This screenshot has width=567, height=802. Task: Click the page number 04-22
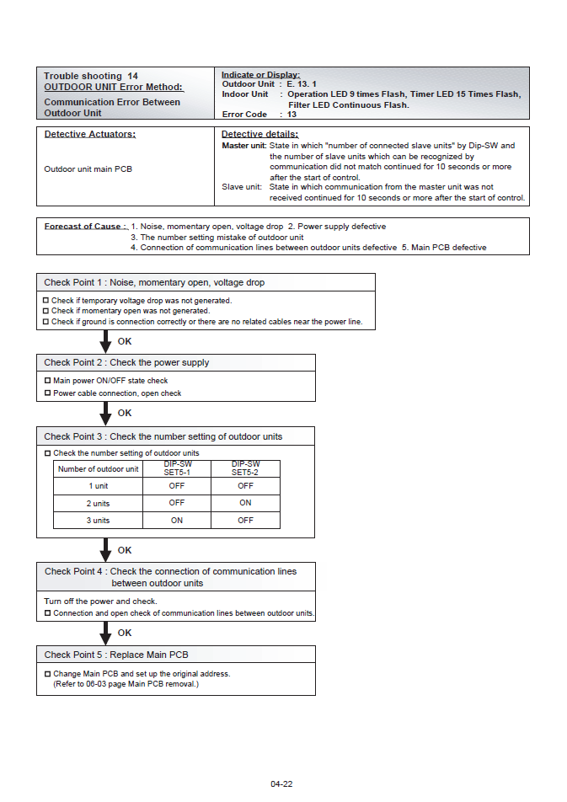click(281, 784)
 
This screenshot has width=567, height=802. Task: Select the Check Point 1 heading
click(154, 282)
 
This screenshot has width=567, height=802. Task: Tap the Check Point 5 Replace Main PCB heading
click(116, 655)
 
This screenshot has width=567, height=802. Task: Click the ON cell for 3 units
click(177, 521)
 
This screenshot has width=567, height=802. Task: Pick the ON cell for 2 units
click(245, 503)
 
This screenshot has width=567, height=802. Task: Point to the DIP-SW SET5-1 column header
click(177, 468)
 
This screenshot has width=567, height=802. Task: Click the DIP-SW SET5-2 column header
click(245, 468)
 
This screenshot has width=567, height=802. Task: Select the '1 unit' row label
click(99, 486)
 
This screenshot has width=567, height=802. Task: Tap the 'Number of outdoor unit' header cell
click(99, 469)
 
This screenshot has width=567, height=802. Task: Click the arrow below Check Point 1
click(105, 341)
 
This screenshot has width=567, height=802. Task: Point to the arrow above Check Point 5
click(105, 633)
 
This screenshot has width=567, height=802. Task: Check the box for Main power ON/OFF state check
click(47, 381)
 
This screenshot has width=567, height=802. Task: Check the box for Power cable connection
click(47, 393)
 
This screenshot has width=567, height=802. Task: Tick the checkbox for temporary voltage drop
click(45, 300)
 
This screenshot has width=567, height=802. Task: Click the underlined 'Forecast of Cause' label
click(85, 227)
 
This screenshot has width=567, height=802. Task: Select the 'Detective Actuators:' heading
click(89, 135)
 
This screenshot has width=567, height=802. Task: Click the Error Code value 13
click(292, 115)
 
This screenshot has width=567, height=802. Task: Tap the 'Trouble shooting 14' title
click(91, 76)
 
